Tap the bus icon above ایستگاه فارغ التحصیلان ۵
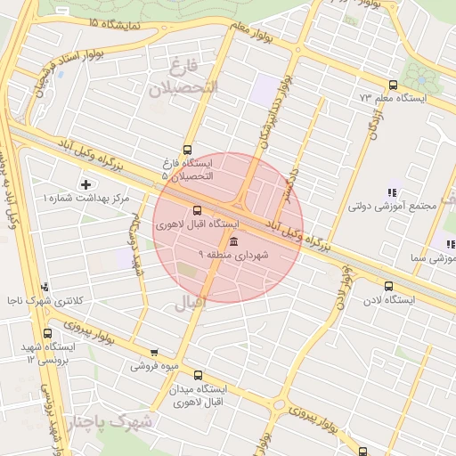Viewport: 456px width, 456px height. tap(187, 150)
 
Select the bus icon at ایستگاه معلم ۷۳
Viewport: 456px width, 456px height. tap(393, 85)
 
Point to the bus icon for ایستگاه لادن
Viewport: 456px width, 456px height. tap(387, 287)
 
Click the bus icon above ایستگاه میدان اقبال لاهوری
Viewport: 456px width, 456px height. tap(197, 375)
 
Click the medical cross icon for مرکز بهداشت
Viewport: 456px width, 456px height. tap(85, 184)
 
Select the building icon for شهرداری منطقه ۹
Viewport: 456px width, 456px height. tap(233, 242)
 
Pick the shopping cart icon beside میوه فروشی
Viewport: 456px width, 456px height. tap(154, 353)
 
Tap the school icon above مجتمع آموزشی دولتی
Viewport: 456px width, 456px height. tap(389, 192)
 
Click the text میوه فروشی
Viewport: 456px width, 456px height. tap(155, 365)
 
